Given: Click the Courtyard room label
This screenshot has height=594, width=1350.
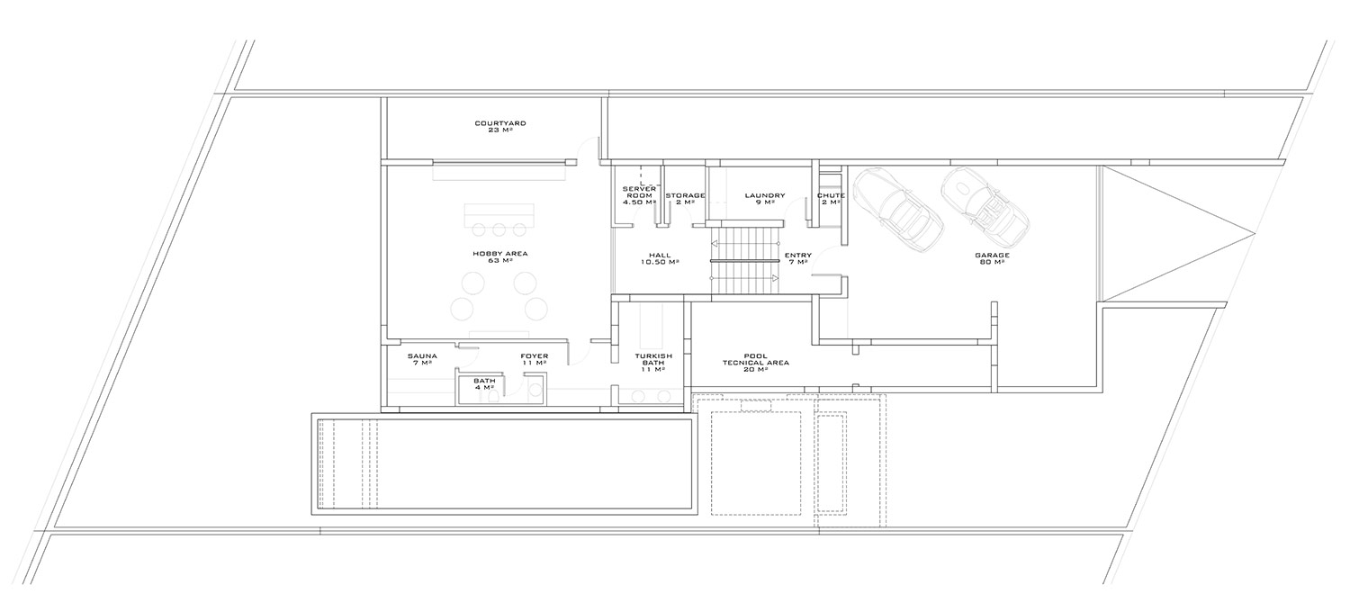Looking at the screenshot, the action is [x=500, y=127].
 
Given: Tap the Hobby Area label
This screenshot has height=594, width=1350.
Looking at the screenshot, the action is [x=500, y=257].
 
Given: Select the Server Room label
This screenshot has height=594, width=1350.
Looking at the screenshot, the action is [x=639, y=196].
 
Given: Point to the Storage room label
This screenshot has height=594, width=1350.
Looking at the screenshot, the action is [x=685, y=199].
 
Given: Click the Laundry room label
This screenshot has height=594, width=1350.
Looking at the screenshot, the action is [x=765, y=199].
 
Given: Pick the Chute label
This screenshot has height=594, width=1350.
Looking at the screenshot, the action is [x=831, y=199].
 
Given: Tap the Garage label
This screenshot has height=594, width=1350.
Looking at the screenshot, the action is [x=992, y=258].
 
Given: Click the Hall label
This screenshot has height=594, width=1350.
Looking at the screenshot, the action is [x=661, y=258].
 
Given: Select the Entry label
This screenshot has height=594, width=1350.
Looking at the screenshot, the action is [x=798, y=258].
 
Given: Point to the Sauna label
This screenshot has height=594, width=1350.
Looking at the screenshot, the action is [x=422, y=359].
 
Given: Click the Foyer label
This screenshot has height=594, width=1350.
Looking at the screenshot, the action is [x=535, y=359].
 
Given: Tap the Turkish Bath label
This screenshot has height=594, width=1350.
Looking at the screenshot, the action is [x=653, y=363].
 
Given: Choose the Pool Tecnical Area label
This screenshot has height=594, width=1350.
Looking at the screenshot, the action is [x=756, y=363].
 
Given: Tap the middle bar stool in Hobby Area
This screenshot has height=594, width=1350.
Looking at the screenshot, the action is [x=499, y=229].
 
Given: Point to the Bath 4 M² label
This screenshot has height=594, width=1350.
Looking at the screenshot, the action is [x=484, y=383].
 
